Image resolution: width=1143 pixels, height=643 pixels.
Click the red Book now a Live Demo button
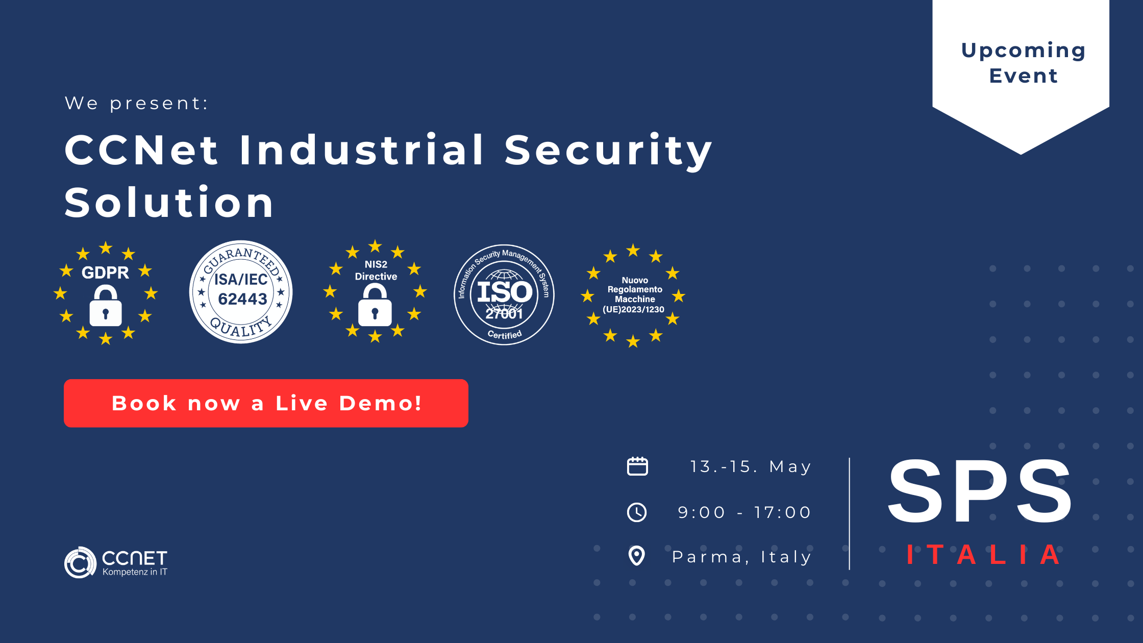click(x=266, y=403)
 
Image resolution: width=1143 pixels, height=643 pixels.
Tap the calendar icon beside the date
click(x=637, y=466)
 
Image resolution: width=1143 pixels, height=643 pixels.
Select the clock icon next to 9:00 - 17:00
click(x=637, y=512)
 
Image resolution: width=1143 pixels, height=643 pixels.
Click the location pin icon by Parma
click(x=637, y=556)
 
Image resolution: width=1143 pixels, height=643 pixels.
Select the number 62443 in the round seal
click(x=242, y=299)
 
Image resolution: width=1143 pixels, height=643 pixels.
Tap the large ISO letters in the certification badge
click(x=505, y=292)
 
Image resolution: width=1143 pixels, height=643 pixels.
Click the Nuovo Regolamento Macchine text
click(x=634, y=290)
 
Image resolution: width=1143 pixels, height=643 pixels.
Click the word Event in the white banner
click(x=1023, y=76)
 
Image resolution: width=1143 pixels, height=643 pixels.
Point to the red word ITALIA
click(x=983, y=555)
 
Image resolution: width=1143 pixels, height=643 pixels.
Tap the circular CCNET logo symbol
click(x=80, y=562)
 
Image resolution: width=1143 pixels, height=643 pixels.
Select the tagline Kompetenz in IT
click(x=135, y=572)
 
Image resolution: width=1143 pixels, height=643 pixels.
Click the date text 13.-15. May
click(x=751, y=466)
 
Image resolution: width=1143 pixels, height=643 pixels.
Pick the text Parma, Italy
click(x=741, y=557)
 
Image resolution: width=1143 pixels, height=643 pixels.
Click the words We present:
click(x=137, y=103)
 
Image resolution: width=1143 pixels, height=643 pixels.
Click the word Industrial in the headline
click(x=361, y=150)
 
